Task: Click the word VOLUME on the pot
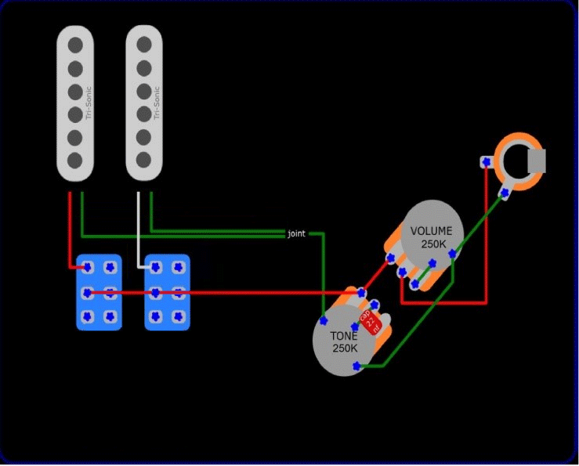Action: tap(432, 231)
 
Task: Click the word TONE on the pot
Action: tap(344, 335)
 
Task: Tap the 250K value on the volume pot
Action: tap(432, 244)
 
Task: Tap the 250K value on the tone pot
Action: tap(344, 348)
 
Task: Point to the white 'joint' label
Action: tap(297, 233)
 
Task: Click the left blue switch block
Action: tap(99, 291)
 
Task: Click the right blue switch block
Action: tap(167, 291)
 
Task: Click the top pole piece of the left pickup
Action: tap(74, 43)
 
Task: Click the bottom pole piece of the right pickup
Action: tap(143, 160)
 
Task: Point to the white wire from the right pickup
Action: tap(139, 227)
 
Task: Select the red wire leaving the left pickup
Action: tap(70, 227)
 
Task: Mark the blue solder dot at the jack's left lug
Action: tap(487, 161)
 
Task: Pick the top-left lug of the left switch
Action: tap(88, 267)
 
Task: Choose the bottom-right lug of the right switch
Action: tap(178, 317)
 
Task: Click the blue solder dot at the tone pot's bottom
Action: tap(357, 366)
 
